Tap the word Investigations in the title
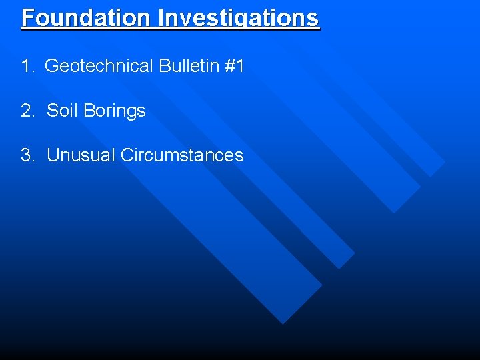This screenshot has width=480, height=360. click(x=239, y=17)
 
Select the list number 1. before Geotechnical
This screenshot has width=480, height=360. click(x=27, y=66)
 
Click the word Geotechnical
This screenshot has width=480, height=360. click(x=99, y=66)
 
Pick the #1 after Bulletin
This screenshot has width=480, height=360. click(x=235, y=66)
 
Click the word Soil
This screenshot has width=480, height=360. click(x=63, y=111)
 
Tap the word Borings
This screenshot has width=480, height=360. click(x=115, y=111)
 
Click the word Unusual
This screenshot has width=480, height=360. click(x=81, y=155)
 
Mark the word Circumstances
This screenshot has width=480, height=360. click(x=182, y=155)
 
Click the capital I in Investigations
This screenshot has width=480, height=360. click(x=161, y=17)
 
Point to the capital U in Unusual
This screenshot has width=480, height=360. click(x=53, y=155)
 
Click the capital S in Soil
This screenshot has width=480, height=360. click(x=53, y=111)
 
